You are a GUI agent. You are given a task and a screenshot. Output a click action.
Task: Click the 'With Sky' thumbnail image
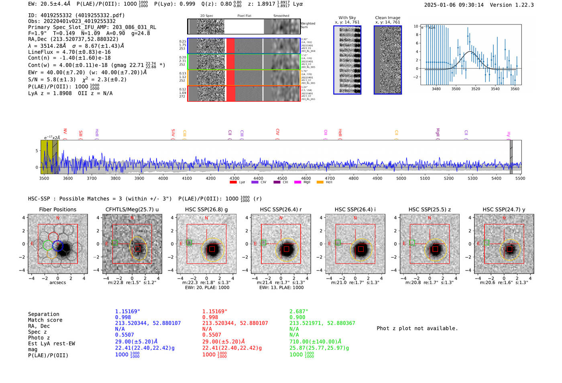click(347, 60)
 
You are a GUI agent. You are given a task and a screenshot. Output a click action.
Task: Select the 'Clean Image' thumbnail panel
click(387, 60)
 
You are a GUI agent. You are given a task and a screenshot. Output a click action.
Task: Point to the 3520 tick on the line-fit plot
click(476, 89)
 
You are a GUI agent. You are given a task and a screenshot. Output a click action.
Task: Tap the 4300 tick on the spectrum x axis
click(234, 178)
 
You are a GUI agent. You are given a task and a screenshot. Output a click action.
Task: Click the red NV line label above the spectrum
click(65, 132)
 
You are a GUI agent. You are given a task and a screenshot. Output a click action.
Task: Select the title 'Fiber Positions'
click(57, 209)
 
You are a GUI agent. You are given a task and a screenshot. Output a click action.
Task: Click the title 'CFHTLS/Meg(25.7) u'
click(132, 209)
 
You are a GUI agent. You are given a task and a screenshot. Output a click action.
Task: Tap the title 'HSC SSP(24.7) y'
click(504, 209)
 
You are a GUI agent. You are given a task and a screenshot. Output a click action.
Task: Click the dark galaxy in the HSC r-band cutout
click(286, 249)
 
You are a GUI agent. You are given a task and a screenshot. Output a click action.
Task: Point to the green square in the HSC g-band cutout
click(189, 242)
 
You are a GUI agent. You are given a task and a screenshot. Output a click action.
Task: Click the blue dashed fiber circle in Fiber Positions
click(58, 246)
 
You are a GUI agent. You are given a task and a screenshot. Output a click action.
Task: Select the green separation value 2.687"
click(299, 311)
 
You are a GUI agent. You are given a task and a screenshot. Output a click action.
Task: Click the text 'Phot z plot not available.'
click(417, 328)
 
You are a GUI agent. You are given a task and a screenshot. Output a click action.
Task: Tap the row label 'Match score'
click(45, 320)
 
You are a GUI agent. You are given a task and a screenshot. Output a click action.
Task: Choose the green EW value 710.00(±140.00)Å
click(315, 342)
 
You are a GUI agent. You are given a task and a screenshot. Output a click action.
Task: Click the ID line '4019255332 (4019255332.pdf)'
click(76, 15)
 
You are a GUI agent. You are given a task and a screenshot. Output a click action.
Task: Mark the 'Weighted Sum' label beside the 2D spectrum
click(307, 25)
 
